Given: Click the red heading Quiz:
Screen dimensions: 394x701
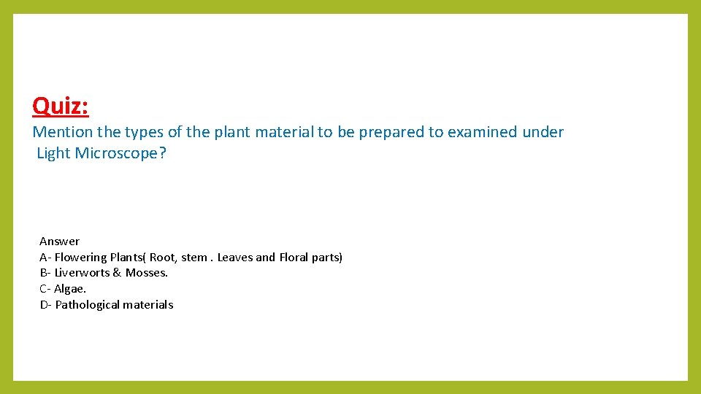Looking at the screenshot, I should (x=61, y=107).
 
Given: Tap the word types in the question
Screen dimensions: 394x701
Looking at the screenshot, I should (x=144, y=132).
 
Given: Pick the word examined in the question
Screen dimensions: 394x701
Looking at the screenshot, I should (x=482, y=132).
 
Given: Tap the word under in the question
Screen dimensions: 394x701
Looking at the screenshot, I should (x=543, y=132).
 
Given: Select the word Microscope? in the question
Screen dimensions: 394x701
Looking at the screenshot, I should (x=121, y=154).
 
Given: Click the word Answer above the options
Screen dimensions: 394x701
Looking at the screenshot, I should (x=59, y=242).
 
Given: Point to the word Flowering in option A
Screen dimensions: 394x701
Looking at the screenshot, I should (x=80, y=257).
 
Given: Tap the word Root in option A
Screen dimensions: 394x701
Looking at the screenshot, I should (x=163, y=257).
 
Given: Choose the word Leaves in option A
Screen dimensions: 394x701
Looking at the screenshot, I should (x=234, y=257).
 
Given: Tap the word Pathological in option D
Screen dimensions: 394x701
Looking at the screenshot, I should (x=87, y=305).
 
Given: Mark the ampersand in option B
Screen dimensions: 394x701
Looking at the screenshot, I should (x=117, y=273).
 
